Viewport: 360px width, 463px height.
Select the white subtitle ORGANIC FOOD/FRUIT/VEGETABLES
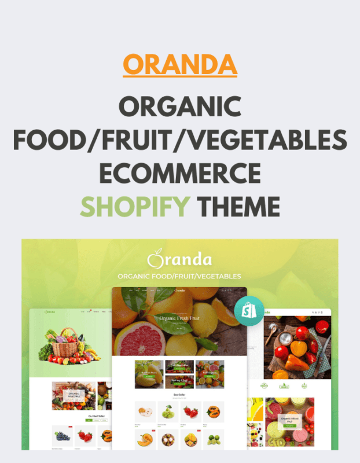pos(179,276)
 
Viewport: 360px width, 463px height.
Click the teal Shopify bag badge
pos(249,311)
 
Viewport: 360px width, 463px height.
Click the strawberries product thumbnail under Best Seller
pos(190,412)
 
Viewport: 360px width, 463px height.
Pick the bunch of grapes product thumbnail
pos(63,435)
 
